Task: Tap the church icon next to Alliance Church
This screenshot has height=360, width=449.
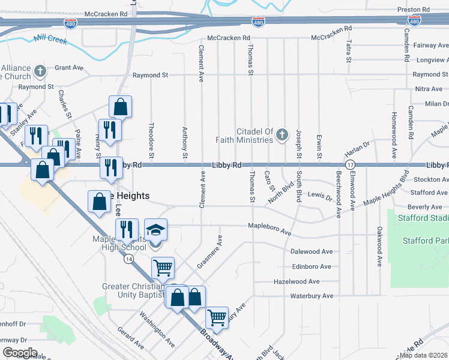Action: point(40,72)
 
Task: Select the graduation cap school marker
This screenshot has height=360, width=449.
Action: point(155,230)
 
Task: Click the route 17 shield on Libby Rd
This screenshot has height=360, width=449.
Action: point(349,164)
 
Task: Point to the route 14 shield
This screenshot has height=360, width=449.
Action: point(129,259)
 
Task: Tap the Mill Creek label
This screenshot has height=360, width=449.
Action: point(50,40)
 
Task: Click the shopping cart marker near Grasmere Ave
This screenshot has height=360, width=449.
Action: point(163,268)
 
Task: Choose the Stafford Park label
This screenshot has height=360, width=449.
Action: point(426,241)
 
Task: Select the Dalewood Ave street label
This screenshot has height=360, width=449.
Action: point(311,252)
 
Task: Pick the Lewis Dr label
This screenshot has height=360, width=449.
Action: point(319,196)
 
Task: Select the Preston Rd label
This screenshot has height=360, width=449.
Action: point(414,10)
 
